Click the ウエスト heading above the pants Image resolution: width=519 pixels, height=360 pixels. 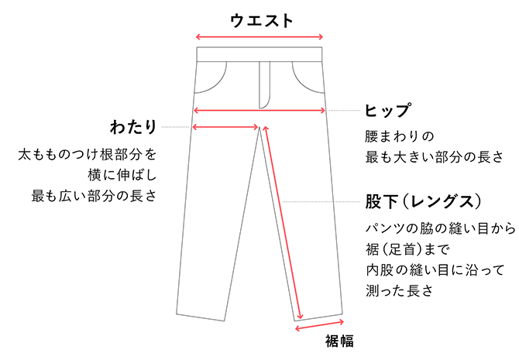tap(262, 21)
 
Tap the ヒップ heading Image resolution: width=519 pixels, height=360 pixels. tap(387, 110)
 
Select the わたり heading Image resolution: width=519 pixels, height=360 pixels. tap(133, 127)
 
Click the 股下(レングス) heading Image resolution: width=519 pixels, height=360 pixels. tap(423, 201)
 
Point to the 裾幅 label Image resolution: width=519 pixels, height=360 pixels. tap(339, 341)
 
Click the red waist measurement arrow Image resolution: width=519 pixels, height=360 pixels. tap(259, 36)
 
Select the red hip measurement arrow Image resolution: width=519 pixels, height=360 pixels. tap(259, 110)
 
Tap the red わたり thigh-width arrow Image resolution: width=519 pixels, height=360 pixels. tap(225, 127)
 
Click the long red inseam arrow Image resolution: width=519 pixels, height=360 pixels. tap(283, 223)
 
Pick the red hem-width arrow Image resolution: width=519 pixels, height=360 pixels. tap(319, 325)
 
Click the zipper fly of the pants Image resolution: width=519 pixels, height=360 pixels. tap(264, 85)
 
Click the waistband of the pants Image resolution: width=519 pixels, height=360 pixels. tap(259, 54)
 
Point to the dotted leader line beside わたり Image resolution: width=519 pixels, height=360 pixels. tap(175, 127)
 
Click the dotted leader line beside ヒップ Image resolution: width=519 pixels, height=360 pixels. tap(344, 110)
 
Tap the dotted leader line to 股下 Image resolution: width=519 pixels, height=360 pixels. tap(321, 201)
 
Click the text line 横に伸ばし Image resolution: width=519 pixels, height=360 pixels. tap(122, 175)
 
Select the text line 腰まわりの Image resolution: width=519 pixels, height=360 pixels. tap(400, 136)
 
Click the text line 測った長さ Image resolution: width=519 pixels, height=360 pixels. tap(400, 291)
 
